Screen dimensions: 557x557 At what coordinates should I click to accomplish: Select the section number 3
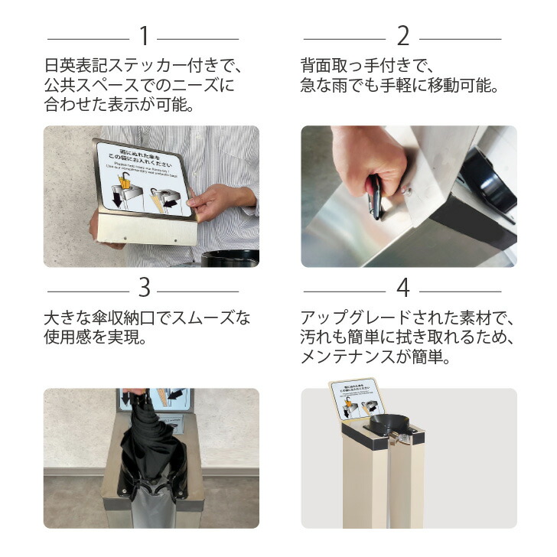tap(143, 288)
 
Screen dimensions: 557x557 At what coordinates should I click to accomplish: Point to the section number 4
tap(403, 288)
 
